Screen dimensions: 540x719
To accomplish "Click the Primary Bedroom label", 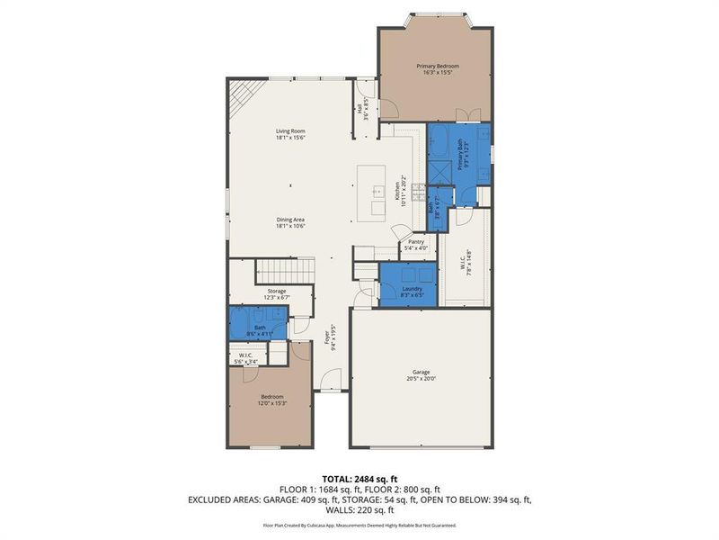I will (436, 67).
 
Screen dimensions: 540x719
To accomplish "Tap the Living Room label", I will (290, 132).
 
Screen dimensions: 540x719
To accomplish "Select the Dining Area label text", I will (290, 220).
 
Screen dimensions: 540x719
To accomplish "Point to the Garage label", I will (421, 373).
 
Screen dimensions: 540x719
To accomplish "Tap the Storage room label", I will (276, 291).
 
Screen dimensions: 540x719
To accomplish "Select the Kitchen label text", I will (397, 191).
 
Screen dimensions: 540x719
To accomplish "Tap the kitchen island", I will (374, 192).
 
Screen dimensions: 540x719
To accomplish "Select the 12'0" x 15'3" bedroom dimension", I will (272, 402).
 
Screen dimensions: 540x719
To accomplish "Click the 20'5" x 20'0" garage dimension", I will (421, 379).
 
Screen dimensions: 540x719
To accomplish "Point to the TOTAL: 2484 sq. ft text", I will (359, 478).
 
